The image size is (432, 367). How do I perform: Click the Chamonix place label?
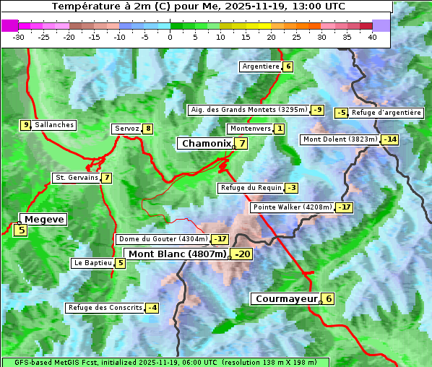(206, 144)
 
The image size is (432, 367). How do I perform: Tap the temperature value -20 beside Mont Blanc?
(242, 254)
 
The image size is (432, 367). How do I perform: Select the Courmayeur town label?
(286, 298)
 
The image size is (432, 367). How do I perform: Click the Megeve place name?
(44, 219)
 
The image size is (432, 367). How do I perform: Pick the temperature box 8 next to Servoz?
(147, 129)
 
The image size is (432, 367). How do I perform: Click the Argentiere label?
(261, 66)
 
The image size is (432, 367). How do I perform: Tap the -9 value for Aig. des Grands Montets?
(318, 110)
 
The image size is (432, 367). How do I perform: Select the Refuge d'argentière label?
(386, 113)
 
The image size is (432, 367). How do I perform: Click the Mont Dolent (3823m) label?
(340, 139)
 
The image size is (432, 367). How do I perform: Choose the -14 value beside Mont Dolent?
(390, 139)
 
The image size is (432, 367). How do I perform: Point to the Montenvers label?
(250, 129)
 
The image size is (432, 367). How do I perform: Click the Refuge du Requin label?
(251, 188)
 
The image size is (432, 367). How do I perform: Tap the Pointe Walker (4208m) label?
(292, 207)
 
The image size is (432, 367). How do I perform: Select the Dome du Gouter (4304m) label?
(163, 239)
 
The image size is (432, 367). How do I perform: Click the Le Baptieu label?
(93, 263)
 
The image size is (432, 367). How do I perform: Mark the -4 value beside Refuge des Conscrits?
(152, 308)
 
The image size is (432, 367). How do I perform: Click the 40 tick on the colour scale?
(372, 37)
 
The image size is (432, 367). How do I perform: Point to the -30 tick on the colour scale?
(19, 37)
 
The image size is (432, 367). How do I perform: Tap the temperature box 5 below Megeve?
(21, 230)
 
